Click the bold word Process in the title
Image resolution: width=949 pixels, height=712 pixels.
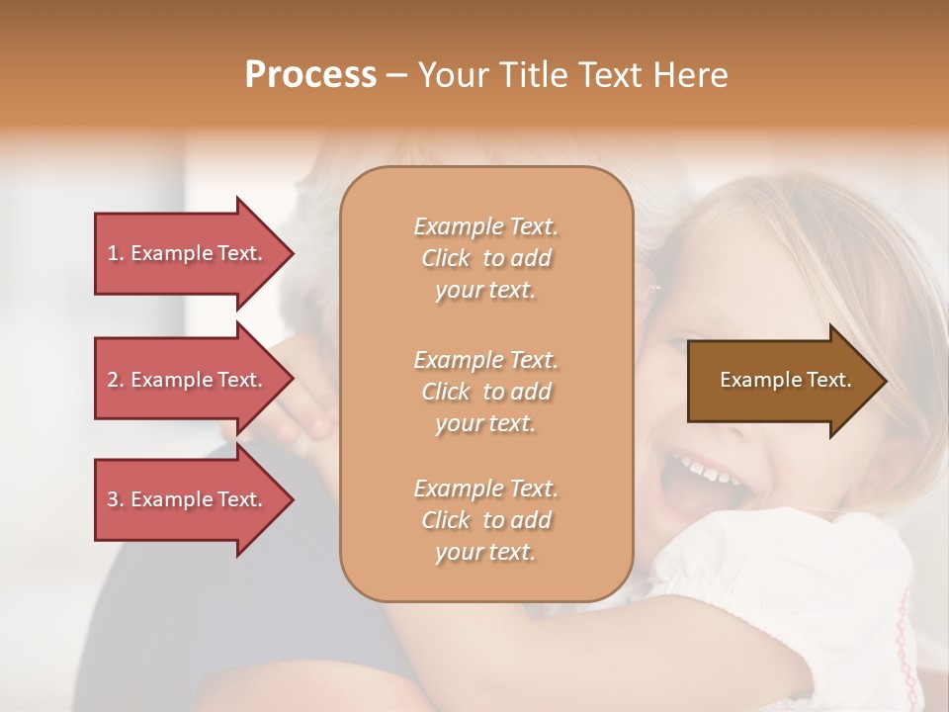(310, 75)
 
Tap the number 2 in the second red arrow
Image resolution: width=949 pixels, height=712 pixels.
(113, 380)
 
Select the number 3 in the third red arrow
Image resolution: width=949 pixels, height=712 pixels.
(113, 499)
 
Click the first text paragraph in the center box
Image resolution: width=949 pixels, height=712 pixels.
(485, 258)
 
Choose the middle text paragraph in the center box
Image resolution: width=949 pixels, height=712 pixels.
(485, 392)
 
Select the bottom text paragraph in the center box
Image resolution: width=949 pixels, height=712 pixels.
(485, 520)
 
